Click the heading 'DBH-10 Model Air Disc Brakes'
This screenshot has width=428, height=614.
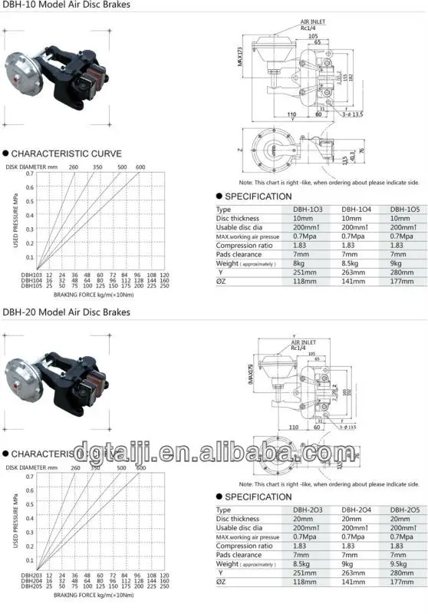pyautogui.click(x=66, y=7)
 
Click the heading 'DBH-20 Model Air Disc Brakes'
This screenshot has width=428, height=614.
pyautogui.click(x=66, y=312)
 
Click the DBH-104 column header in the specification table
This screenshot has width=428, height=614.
pyautogui.click(x=356, y=209)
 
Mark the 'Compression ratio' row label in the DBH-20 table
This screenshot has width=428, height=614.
pyautogui.click(x=244, y=546)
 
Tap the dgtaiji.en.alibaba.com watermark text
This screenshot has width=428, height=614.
pyautogui.click(x=214, y=451)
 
